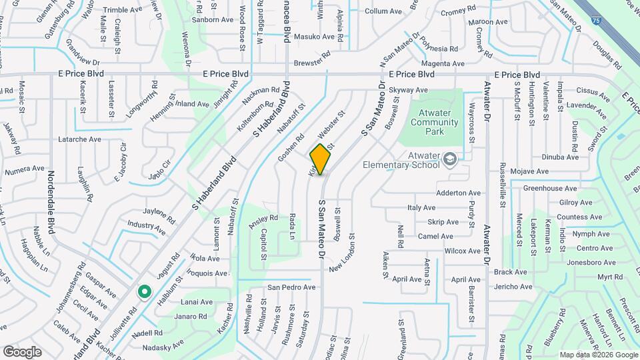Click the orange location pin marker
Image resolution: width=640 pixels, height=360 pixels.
pyautogui.click(x=321, y=159)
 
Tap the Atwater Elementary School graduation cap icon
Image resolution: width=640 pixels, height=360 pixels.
pyautogui.click(x=451, y=158)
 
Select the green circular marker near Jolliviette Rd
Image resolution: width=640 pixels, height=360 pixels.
pyautogui.click(x=143, y=292)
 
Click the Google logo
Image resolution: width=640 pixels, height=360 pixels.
pyautogui.click(x=22, y=351)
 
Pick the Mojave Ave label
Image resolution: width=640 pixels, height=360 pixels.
pyautogui.click(x=530, y=171)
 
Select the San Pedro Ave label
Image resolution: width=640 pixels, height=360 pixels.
pyautogui.click(x=291, y=287)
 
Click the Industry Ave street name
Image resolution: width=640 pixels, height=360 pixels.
pyautogui.click(x=146, y=227)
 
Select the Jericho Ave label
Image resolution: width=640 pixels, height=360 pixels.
pyautogui.click(x=513, y=287)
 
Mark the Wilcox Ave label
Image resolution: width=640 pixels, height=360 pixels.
pyautogui.click(x=462, y=251)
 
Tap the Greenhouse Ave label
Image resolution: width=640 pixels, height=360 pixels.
pyautogui.click(x=549, y=188)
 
